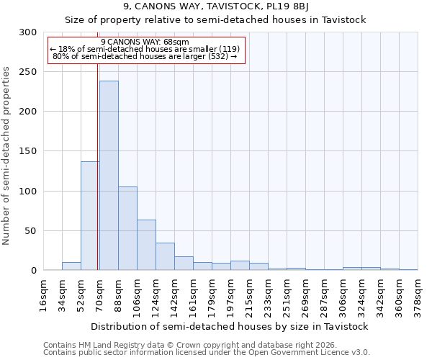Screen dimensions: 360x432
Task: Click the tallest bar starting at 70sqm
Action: pos(109,176)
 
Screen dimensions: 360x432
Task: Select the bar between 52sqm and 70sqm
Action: pos(90,216)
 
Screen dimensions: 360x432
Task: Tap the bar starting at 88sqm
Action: pos(127,228)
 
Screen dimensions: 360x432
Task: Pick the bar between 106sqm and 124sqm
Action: pos(146,245)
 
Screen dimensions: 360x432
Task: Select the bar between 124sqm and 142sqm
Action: pos(165,256)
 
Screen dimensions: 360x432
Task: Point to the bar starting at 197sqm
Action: pos(240,266)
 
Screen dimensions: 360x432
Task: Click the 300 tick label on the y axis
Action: pos(28,32)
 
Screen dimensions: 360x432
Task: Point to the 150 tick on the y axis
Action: pos(28,151)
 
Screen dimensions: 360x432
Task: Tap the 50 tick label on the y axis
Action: pos(31,231)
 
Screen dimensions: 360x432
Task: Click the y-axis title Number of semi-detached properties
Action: pos(7,156)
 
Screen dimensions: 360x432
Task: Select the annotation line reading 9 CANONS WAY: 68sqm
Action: pos(145,42)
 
